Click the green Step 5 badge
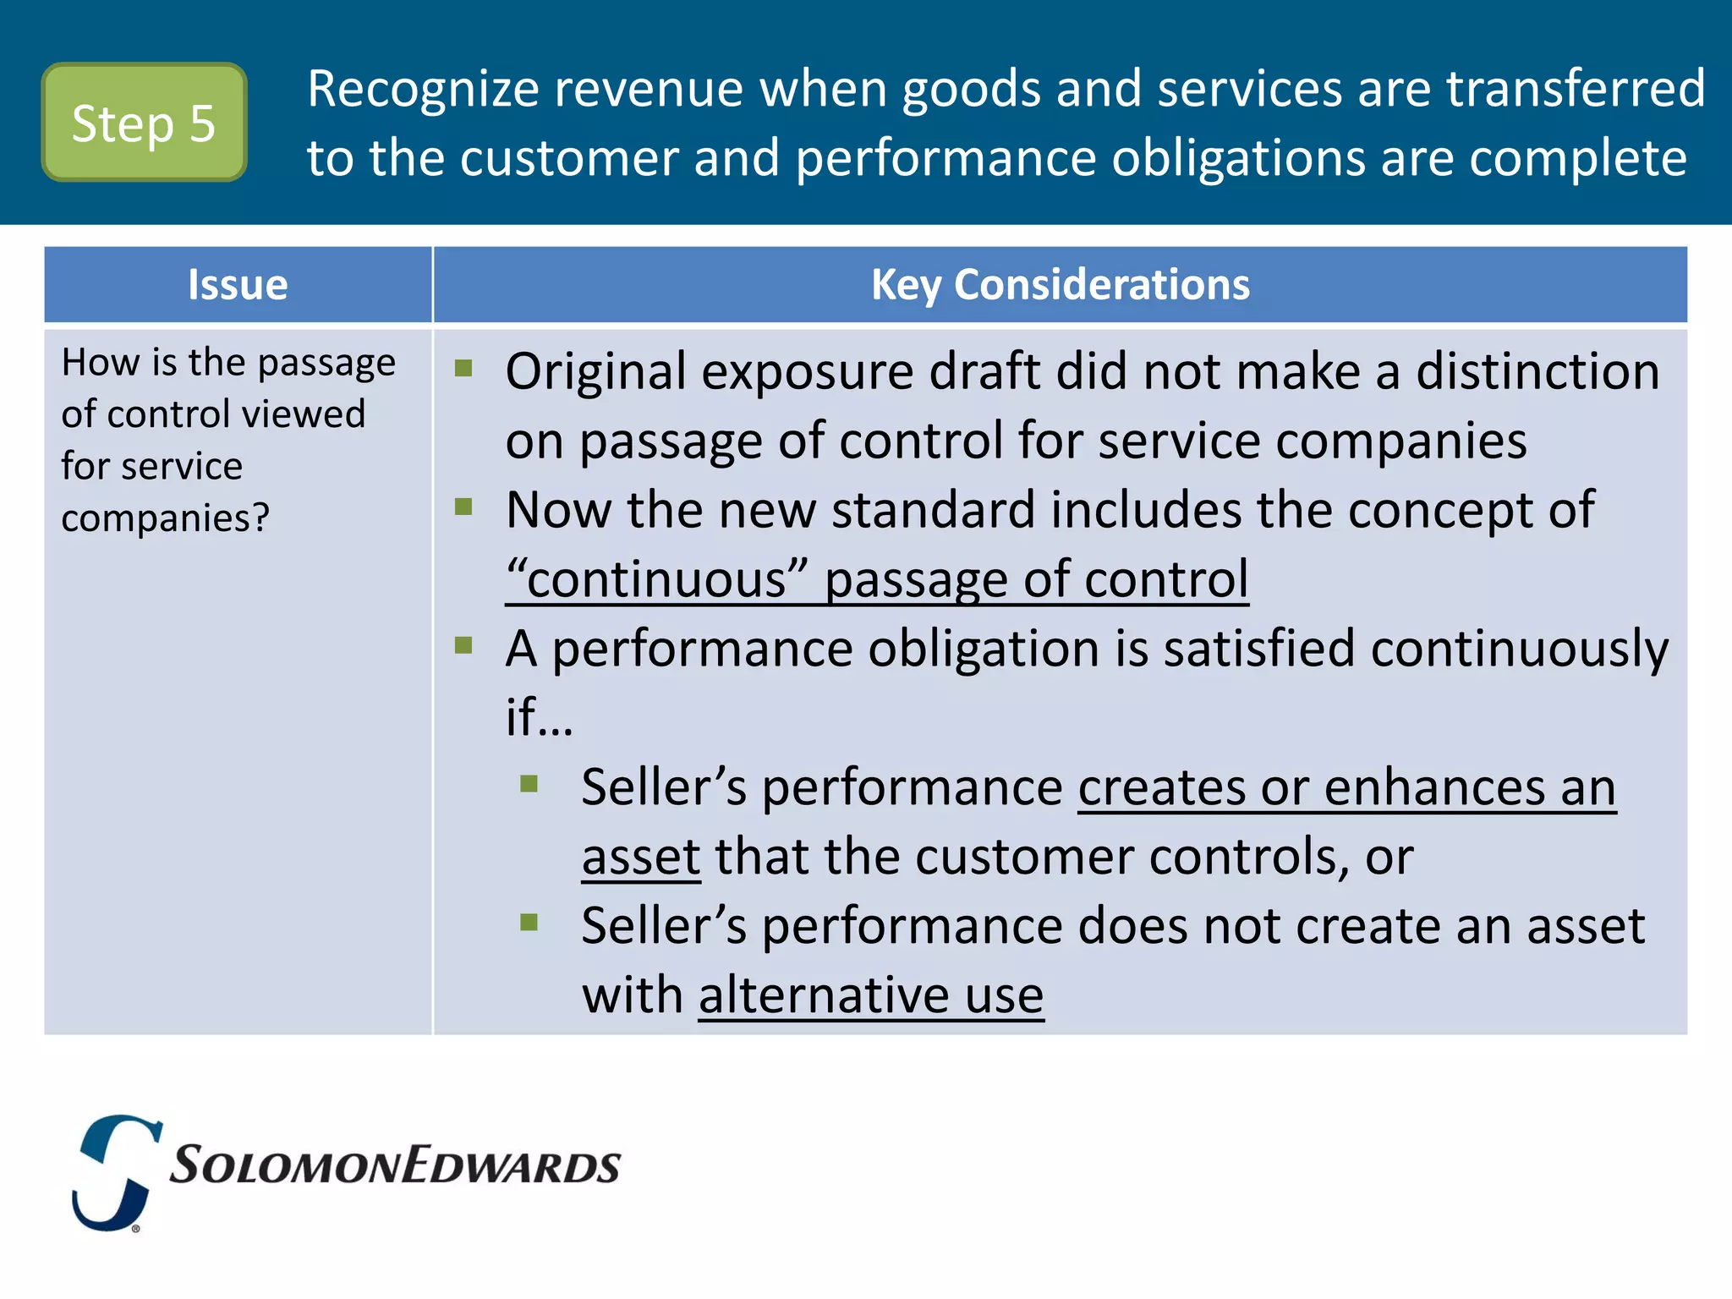(144, 123)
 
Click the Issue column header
(238, 285)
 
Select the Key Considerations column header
(1060, 285)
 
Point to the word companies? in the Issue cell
(165, 518)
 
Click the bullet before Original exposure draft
(463, 368)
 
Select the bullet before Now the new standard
(463, 507)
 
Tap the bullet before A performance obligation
(463, 645)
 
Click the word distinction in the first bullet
(1537, 372)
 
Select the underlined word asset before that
(641, 858)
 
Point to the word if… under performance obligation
(539, 719)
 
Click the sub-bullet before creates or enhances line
(529, 784)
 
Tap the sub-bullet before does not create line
(529, 922)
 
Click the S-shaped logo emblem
(117, 1172)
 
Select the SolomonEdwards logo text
(395, 1166)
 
